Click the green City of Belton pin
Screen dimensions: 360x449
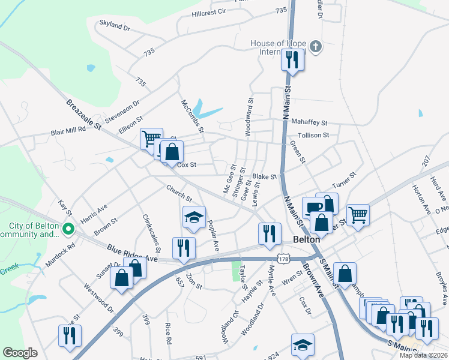(x=69, y=228)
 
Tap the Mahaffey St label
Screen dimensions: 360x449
(x=309, y=122)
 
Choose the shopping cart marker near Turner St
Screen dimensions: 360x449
(x=358, y=214)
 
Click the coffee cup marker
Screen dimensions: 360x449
(x=312, y=208)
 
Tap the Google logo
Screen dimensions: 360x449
(x=20, y=353)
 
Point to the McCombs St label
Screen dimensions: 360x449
(x=193, y=116)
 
